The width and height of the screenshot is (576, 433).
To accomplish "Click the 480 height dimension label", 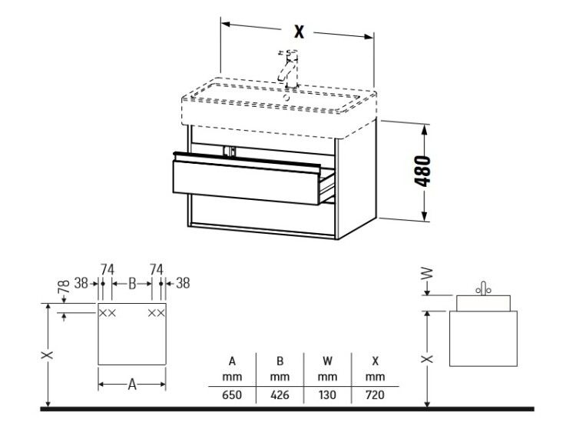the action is tap(422, 171).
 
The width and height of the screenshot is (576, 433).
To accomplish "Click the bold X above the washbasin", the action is tap(300, 32).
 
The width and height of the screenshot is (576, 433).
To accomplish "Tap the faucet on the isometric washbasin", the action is tap(288, 71).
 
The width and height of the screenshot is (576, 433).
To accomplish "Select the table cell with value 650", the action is tap(232, 395).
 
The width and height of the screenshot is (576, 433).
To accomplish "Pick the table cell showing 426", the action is tap(280, 395).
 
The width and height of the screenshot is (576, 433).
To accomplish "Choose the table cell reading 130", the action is tap(327, 395).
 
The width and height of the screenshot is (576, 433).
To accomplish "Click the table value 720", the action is tap(375, 395).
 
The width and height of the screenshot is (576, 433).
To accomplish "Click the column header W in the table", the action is tap(327, 361).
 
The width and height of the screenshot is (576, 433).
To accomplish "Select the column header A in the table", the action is tap(232, 361).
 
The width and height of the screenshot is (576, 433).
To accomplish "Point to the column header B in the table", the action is tap(280, 361).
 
